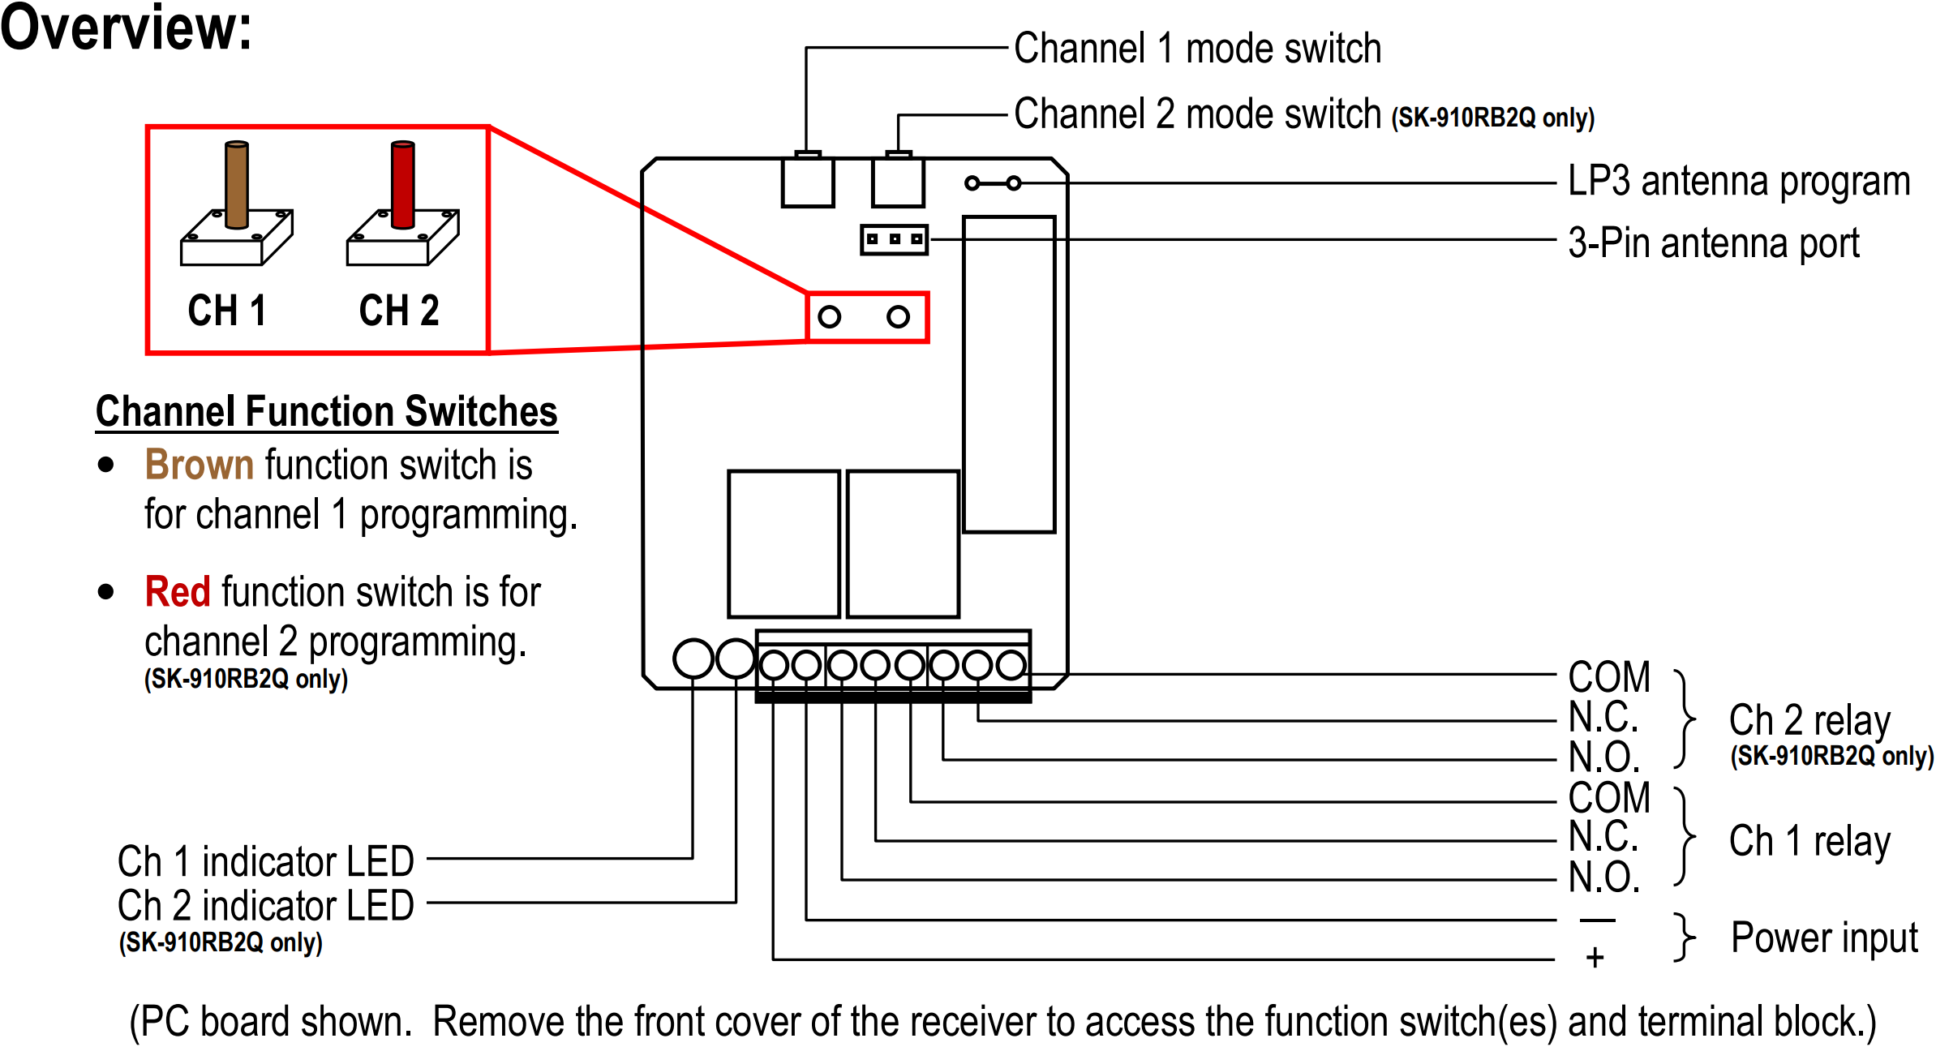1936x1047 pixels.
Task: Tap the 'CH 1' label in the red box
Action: click(x=227, y=311)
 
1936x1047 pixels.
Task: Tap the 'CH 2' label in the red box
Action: click(x=399, y=311)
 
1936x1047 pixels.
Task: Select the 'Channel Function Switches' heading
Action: click(x=326, y=411)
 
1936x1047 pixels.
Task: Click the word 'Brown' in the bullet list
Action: click(x=200, y=465)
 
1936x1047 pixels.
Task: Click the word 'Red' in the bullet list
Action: click(x=178, y=591)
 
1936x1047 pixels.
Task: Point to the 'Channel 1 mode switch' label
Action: click(x=1197, y=49)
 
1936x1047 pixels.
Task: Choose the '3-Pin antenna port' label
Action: click(x=1713, y=243)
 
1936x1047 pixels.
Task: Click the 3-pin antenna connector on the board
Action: click(x=894, y=239)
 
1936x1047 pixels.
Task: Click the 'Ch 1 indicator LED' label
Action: click(x=266, y=861)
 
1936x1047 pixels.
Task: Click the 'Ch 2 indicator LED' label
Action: click(x=266, y=905)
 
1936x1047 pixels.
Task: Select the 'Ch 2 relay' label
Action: click(x=1809, y=720)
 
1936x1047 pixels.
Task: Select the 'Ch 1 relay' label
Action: click(x=1809, y=841)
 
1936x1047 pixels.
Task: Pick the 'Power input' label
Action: click(x=1824, y=938)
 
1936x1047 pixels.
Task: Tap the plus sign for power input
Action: click(x=1595, y=958)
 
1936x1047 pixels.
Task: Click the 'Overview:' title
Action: click(x=126, y=28)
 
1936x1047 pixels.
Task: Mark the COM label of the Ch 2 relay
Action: click(x=1609, y=677)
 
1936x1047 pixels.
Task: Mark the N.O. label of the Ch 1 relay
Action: click(x=1604, y=878)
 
